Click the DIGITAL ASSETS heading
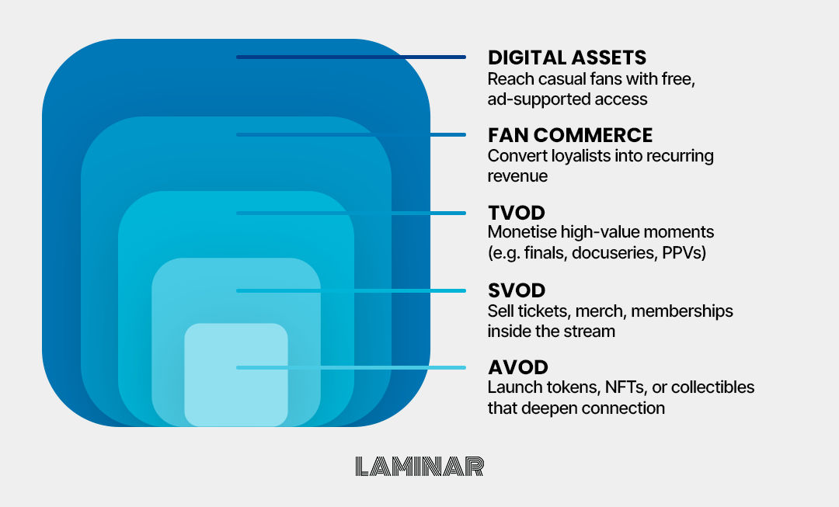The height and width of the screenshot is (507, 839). pos(566,57)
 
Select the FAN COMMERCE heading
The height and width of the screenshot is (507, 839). pos(570,135)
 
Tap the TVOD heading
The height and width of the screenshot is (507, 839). pos(517,213)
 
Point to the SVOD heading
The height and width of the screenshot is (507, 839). pos(517,290)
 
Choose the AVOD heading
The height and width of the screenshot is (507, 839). pos(518,367)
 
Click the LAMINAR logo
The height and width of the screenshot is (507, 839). pos(419,467)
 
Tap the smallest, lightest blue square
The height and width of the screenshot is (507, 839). pos(236,374)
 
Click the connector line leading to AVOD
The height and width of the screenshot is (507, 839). pos(351,367)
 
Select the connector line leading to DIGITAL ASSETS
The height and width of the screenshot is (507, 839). pos(351,57)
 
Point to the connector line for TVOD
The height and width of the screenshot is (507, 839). pos(351,213)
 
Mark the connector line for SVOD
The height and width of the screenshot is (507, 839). pos(351,290)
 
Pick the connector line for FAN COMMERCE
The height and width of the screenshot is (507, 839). pos(351,135)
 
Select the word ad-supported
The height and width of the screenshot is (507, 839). pos(538,99)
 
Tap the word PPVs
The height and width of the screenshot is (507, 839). pos(684,252)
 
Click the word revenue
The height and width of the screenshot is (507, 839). pos(517,176)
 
